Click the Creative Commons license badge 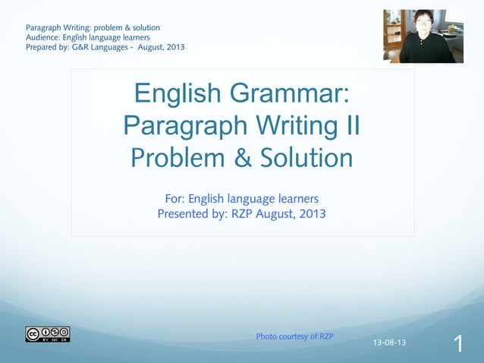[47, 334]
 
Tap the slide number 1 [458, 344]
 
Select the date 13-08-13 [389, 342]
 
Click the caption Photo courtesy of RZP [295, 336]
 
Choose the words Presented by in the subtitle [191, 214]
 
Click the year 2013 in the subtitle [311, 214]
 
